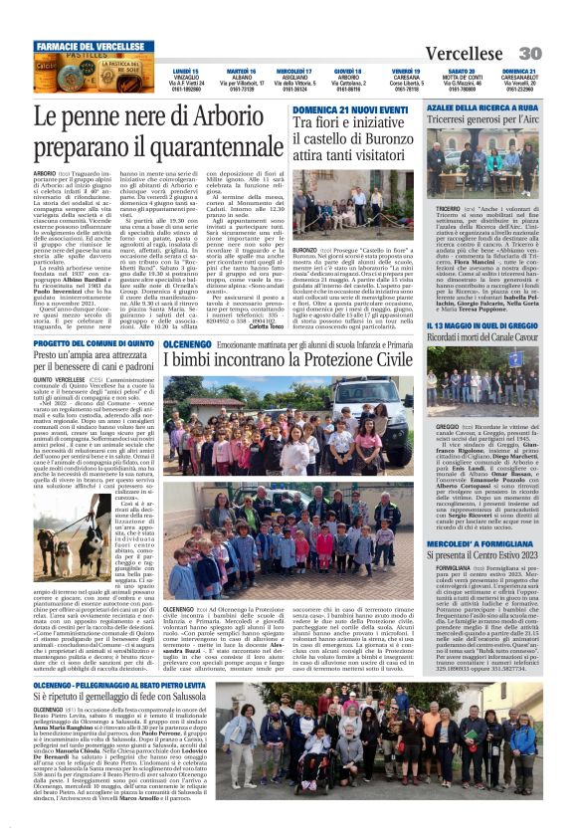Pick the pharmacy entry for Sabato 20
[461, 80]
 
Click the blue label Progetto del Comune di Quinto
[95, 342]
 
